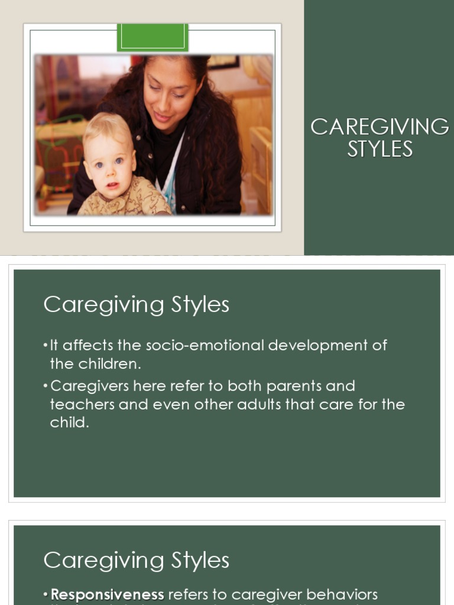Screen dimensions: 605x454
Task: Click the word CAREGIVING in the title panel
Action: click(380, 127)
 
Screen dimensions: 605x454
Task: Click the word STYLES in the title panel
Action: click(380, 149)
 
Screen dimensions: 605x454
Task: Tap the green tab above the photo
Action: click(153, 37)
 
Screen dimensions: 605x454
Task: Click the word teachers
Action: click(78, 405)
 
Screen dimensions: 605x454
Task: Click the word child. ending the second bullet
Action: click(69, 423)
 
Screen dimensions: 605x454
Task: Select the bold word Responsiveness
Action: click(107, 594)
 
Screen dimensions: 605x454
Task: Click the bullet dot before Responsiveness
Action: click(46, 595)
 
